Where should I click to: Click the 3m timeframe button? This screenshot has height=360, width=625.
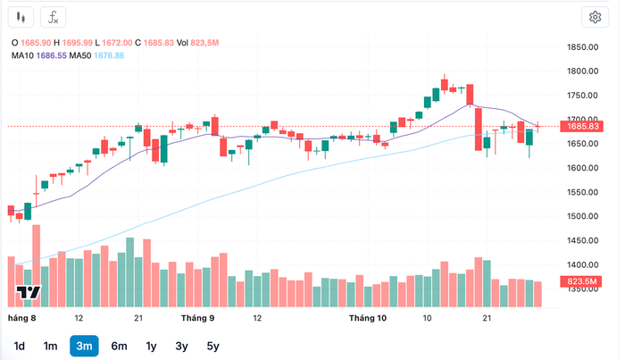(84, 346)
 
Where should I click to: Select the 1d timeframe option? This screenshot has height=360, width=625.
(20, 346)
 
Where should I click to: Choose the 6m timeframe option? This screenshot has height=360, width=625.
(119, 346)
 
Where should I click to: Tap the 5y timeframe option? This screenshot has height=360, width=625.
(212, 346)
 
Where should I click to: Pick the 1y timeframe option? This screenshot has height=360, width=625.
(151, 346)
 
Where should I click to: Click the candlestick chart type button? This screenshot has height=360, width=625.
(22, 17)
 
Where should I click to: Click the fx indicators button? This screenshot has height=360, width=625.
(54, 17)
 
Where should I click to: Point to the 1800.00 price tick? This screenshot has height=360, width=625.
(581, 71)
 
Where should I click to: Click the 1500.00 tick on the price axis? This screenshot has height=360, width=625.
(581, 216)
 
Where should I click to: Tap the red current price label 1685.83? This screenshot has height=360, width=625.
(582, 127)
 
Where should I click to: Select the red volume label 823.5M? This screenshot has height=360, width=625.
(582, 282)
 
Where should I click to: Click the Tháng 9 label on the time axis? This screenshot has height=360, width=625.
(197, 318)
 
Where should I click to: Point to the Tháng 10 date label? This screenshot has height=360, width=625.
(367, 318)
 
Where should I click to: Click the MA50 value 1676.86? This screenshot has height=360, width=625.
(107, 56)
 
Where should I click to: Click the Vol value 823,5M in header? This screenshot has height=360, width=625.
(205, 43)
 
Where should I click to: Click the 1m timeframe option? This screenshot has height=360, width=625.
(51, 346)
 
